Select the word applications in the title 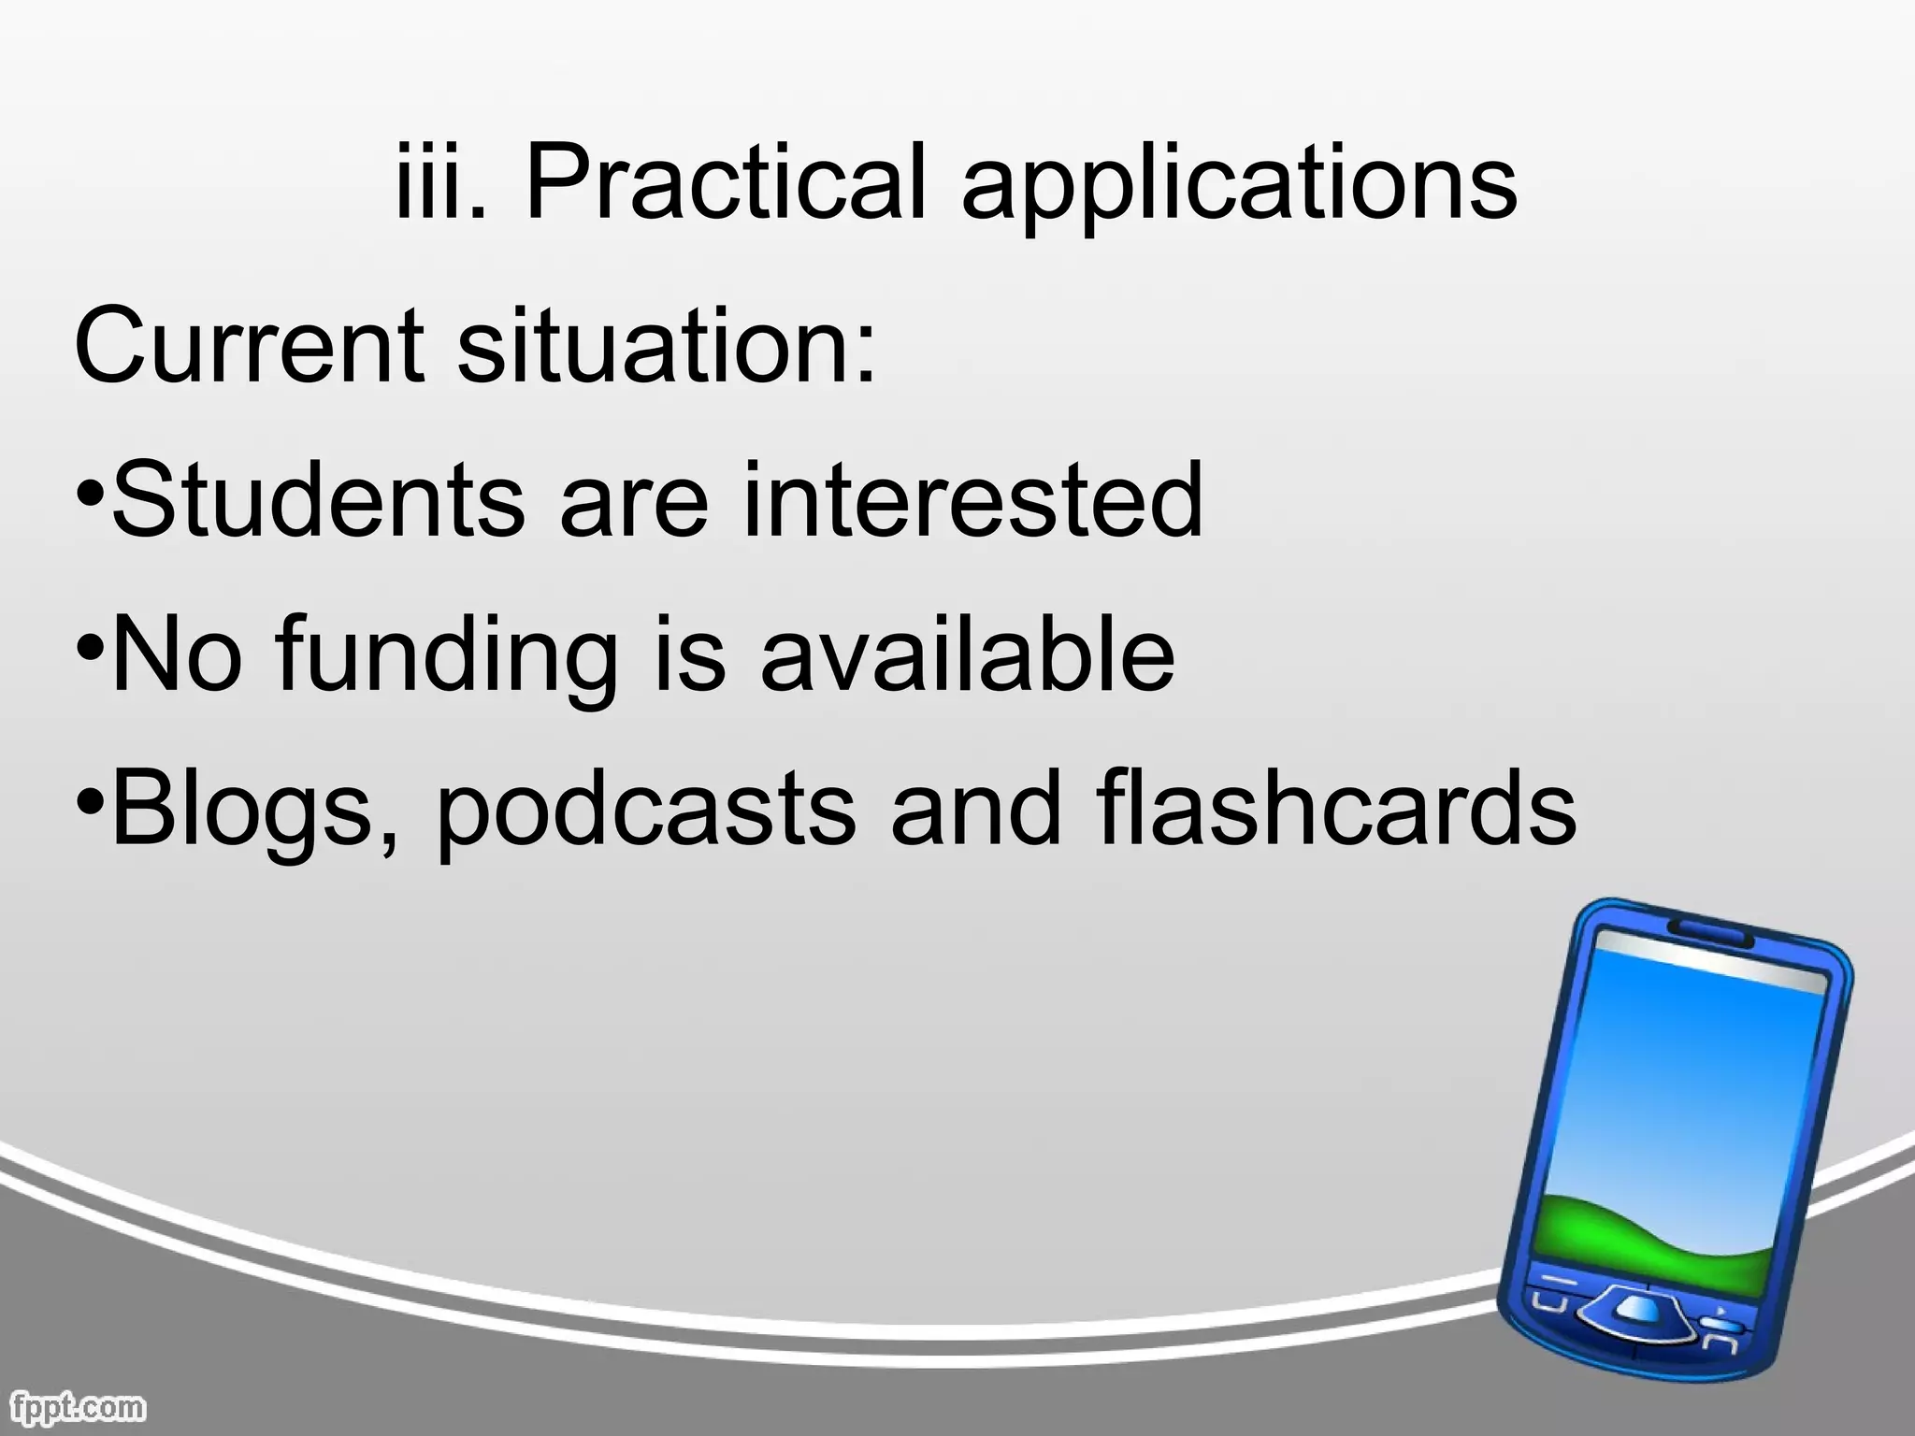coord(1239,187)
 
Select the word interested coord(972,502)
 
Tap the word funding coord(447,656)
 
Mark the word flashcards coord(1337,809)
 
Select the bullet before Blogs coord(90,802)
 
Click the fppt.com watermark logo coord(74,1407)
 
